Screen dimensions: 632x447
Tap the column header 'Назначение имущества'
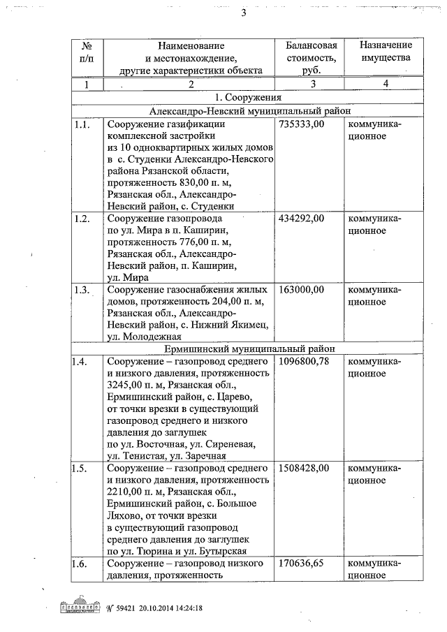click(386, 51)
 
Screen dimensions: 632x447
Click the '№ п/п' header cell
click(87, 51)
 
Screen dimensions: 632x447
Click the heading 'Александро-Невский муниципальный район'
click(250, 110)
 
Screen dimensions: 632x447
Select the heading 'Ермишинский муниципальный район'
click(250, 348)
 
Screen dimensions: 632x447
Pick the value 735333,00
click(302, 124)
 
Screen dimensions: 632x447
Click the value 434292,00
click(302, 219)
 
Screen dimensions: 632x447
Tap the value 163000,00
click(302, 289)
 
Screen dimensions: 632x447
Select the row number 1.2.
click(82, 219)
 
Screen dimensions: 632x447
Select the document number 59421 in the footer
click(122, 608)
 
